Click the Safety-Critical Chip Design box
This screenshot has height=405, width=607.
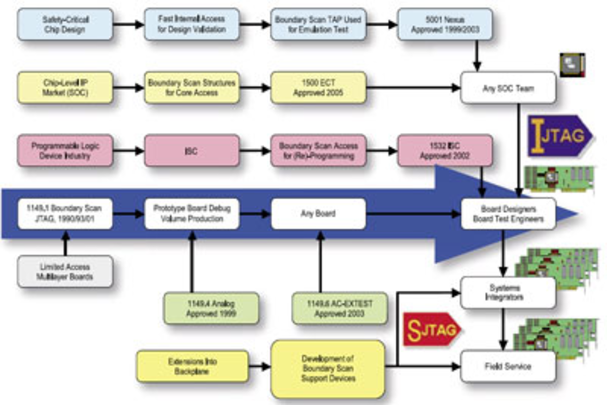point(65,24)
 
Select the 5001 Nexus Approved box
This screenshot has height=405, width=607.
point(445,24)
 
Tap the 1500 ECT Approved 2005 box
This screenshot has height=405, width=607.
point(318,88)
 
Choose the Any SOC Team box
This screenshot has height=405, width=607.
point(508,88)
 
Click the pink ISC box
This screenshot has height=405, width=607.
point(192,151)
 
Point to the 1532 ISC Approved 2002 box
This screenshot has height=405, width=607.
point(445,151)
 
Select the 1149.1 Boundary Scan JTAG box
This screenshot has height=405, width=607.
point(65,214)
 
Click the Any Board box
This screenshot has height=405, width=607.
point(318,214)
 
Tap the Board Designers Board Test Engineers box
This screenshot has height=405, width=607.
point(508,214)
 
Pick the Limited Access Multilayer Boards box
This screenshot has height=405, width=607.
point(65,272)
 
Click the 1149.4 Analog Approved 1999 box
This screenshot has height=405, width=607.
point(211,308)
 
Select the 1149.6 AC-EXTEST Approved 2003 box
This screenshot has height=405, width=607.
point(340,308)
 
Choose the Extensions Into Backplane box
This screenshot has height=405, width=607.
point(192,366)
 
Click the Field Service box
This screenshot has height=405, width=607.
point(508,366)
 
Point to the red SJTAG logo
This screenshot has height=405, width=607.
point(431,330)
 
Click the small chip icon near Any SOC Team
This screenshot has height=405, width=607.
point(572,65)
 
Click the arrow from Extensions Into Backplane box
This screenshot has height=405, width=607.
point(259,366)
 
